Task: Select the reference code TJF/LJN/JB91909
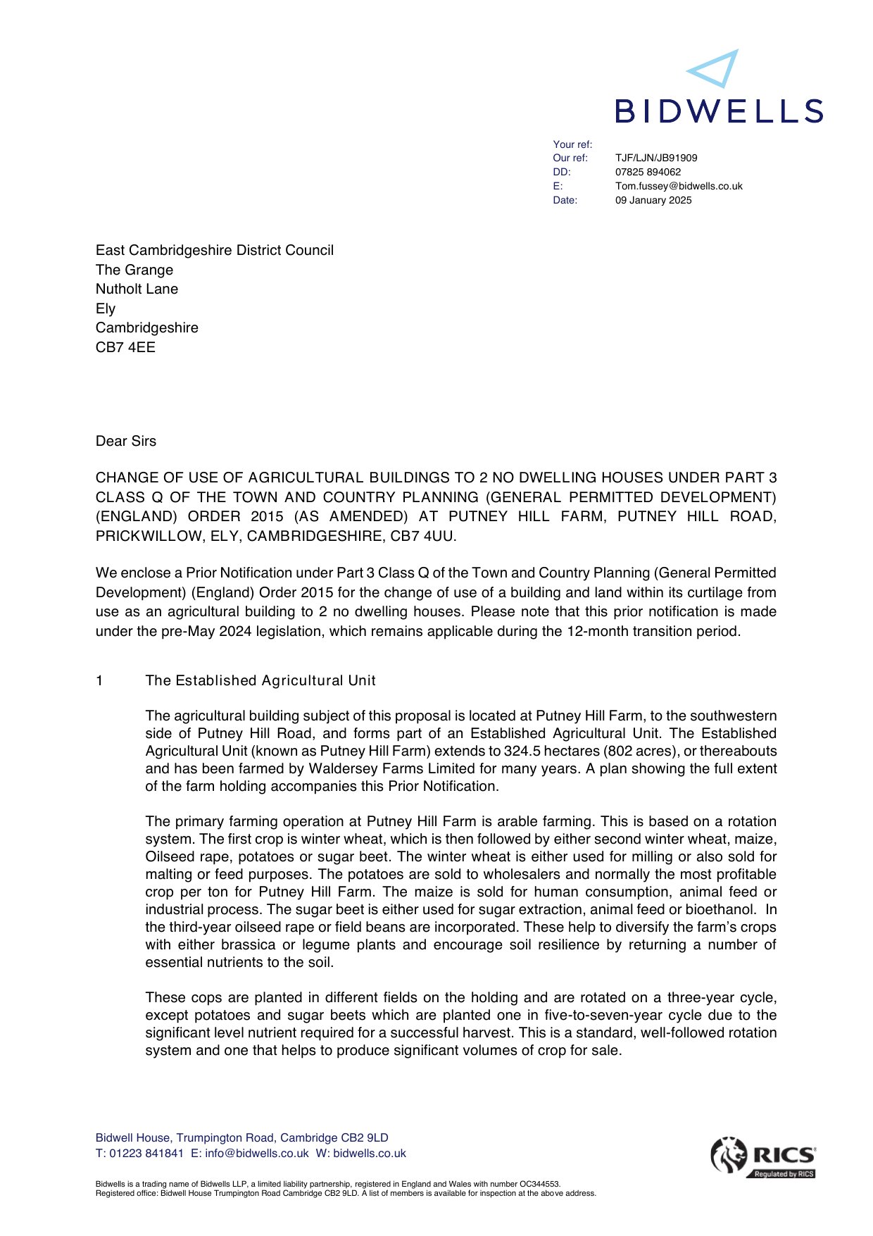[656, 158]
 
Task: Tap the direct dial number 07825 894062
[648, 172]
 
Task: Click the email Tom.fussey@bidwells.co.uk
[679, 186]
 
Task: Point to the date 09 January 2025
[653, 200]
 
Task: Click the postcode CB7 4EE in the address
[125, 347]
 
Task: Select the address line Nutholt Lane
[137, 289]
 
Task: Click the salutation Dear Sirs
[126, 441]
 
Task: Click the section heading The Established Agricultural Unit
[260, 680]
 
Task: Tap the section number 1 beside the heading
[99, 680]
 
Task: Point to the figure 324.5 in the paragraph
[523, 751]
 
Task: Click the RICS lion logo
[729, 1155]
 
